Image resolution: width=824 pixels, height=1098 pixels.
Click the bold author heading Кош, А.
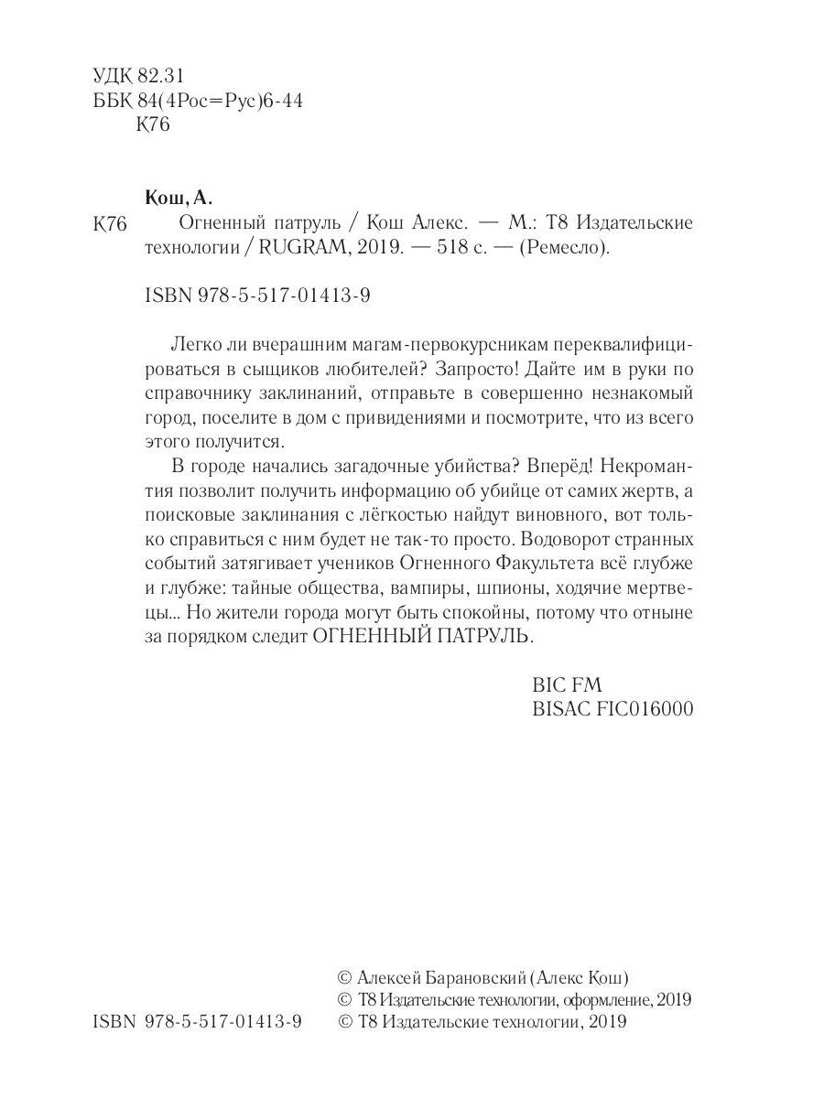click(179, 198)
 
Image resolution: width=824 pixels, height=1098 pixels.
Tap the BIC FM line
click(567, 684)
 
